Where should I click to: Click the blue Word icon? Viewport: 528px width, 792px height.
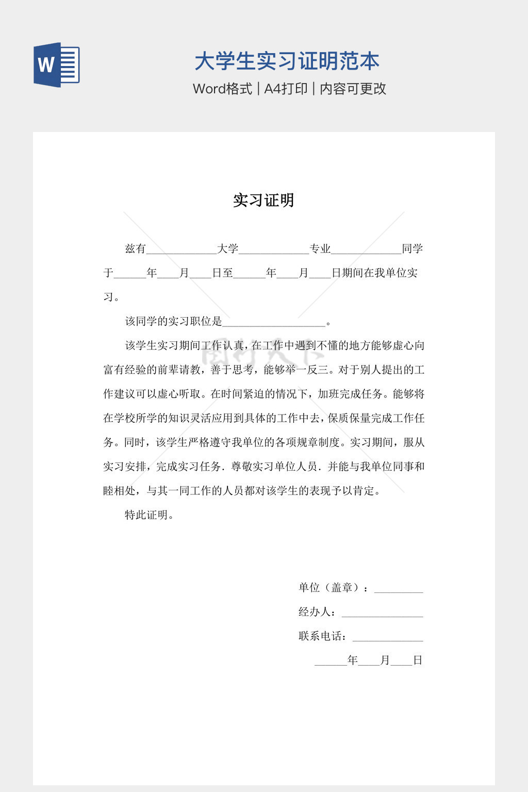[x=57, y=64]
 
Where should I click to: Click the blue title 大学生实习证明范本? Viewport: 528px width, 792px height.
[x=287, y=61]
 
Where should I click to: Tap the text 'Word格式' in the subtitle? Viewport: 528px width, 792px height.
[x=222, y=89]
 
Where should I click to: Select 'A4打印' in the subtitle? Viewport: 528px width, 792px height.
[x=286, y=89]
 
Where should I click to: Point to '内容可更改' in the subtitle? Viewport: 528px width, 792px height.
[x=353, y=89]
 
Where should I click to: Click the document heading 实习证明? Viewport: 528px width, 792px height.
[x=263, y=200]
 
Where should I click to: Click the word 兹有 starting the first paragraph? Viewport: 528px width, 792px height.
[x=136, y=249]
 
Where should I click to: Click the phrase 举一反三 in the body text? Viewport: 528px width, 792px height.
[x=306, y=370]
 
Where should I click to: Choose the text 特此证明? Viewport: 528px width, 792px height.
[x=146, y=515]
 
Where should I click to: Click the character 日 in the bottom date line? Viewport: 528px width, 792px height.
[x=418, y=661]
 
